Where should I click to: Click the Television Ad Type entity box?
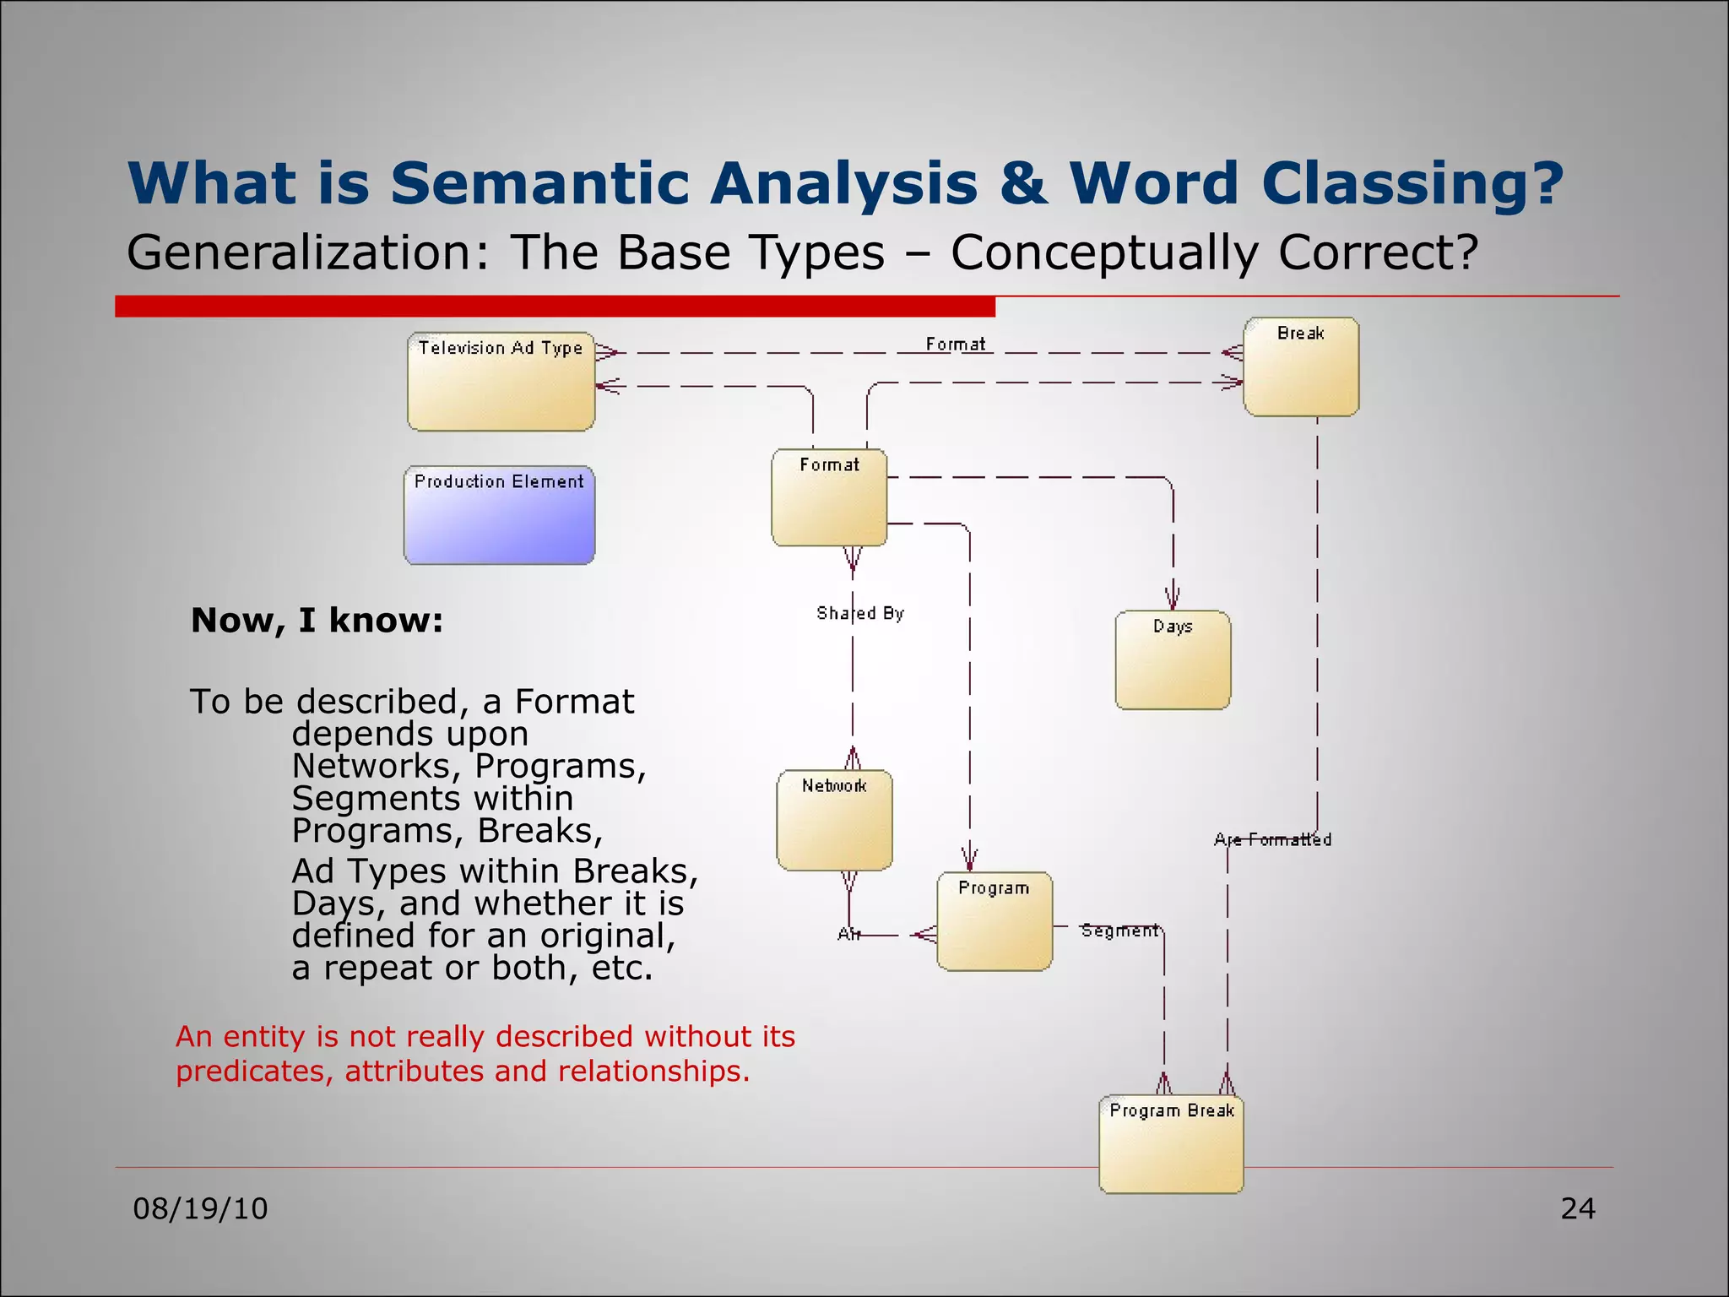(501, 382)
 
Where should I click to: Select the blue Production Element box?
(499, 515)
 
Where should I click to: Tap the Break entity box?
(1301, 366)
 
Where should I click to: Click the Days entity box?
(1173, 660)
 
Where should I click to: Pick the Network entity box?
(834, 820)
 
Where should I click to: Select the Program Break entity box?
(1171, 1144)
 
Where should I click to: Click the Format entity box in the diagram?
(829, 497)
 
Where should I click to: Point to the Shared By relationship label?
(859, 613)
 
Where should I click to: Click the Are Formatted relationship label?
(1272, 839)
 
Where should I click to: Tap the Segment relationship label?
(1119, 931)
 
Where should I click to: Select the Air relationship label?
(848, 934)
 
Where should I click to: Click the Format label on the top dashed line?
(955, 345)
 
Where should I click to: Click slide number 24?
(1577, 1209)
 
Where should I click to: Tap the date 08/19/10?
(201, 1209)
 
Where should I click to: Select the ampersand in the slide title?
(1023, 183)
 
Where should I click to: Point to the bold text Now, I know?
(317, 621)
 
